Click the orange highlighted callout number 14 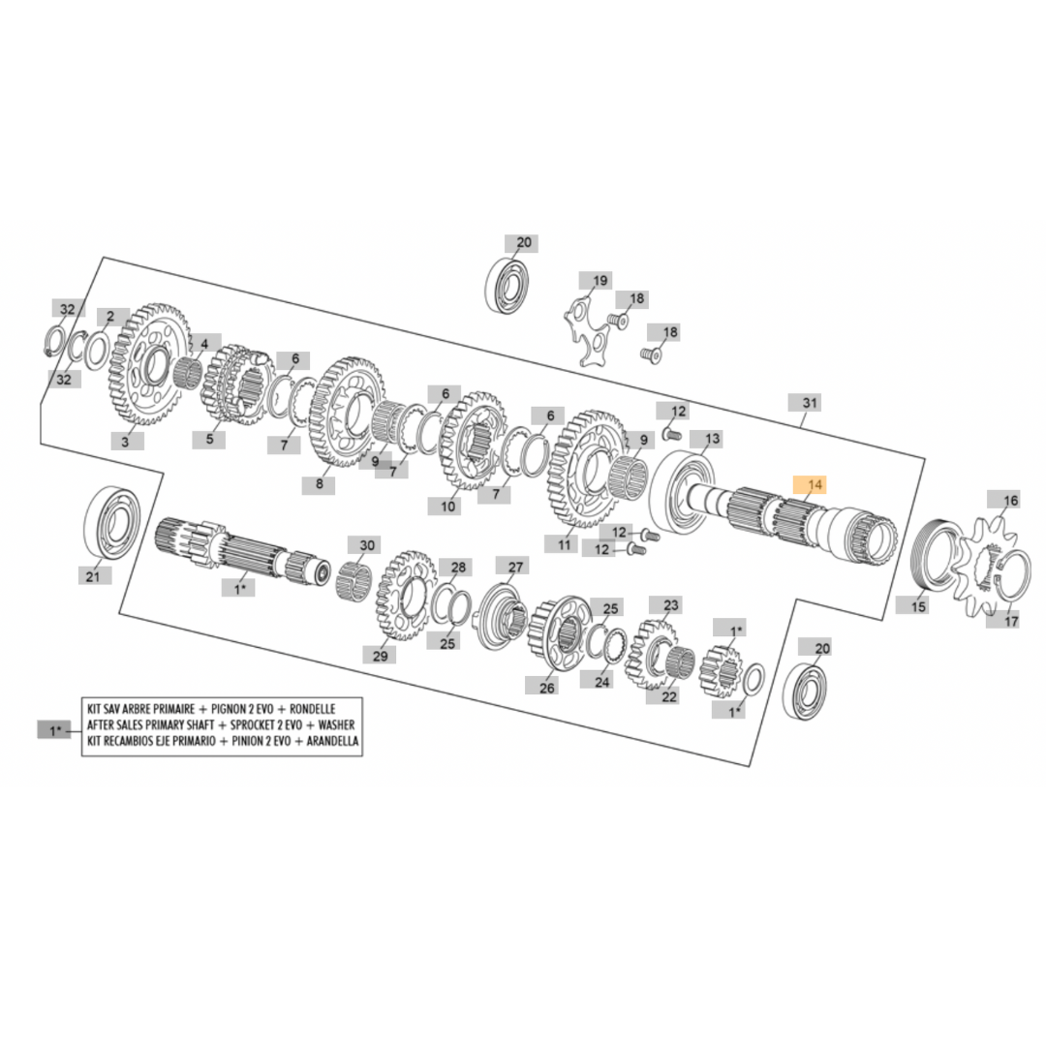tap(809, 484)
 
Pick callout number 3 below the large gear tap(125, 441)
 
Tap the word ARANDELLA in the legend tap(332, 741)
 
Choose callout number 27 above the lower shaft tap(515, 567)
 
